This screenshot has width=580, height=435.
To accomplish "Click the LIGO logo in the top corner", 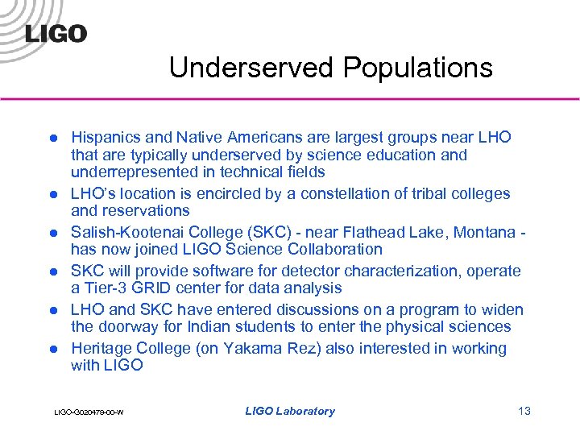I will (56, 33).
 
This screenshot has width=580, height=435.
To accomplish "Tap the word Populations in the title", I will (418, 68).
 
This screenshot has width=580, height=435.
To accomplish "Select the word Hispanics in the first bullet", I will (104, 137).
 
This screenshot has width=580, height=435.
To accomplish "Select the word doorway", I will (128, 326).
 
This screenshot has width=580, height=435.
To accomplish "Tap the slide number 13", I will (524, 411).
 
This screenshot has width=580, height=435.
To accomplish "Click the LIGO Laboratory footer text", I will (289, 411).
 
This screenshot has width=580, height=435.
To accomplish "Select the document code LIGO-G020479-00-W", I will (89, 412).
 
